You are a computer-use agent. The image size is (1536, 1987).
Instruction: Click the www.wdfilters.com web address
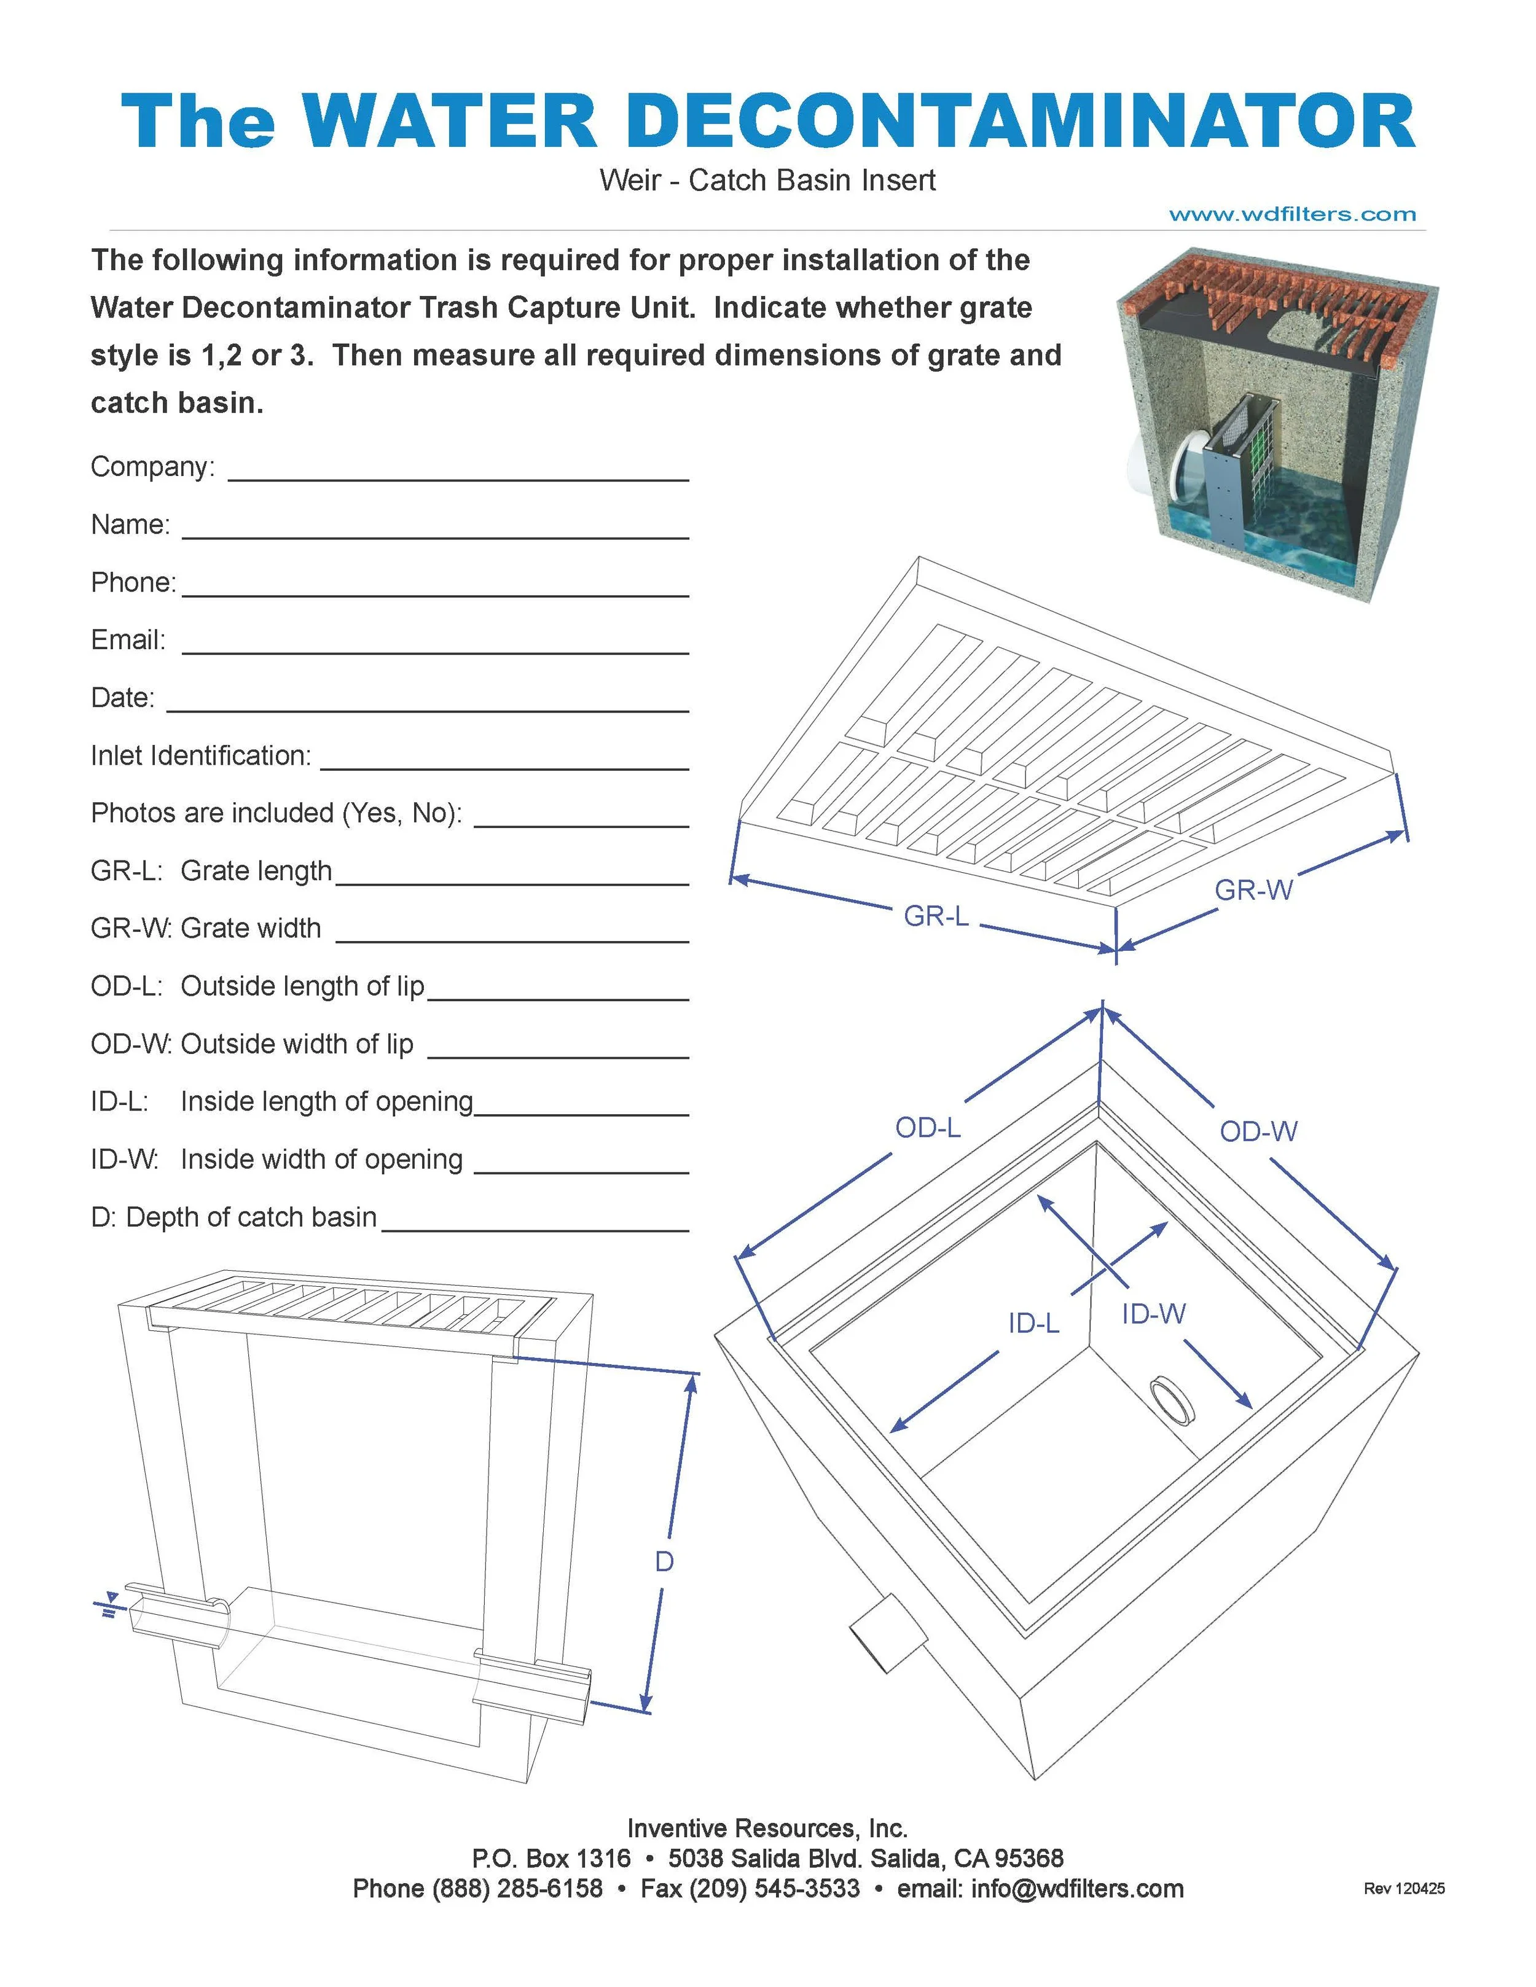1292,215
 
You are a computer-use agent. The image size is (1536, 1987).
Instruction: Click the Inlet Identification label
200,755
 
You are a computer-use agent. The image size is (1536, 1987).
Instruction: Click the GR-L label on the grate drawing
936,915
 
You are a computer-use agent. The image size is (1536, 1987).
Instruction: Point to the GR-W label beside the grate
1253,890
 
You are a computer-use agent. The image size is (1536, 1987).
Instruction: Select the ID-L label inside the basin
1033,1323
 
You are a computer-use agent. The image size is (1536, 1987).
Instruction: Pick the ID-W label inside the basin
1153,1314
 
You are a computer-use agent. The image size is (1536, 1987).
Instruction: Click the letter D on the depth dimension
664,1561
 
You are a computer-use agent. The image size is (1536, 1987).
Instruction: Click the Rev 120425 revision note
1404,1889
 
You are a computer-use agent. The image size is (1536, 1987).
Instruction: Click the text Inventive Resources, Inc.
767,1829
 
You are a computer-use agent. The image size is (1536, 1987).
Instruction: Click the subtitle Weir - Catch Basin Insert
767,180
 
